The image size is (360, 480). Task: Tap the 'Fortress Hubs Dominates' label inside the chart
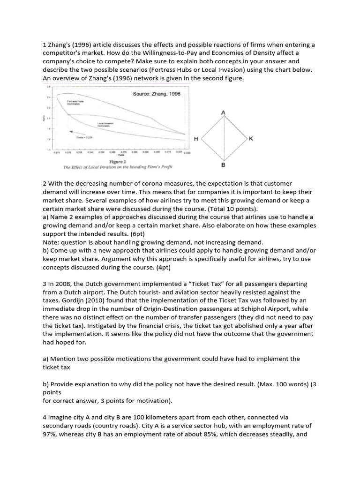coord(74,102)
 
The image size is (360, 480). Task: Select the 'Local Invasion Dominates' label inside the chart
coord(104,125)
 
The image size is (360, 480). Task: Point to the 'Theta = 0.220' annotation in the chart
coord(84,137)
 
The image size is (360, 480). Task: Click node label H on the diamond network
coord(195,139)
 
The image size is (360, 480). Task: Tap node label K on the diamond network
coord(251,139)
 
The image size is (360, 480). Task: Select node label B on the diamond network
coord(223,166)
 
